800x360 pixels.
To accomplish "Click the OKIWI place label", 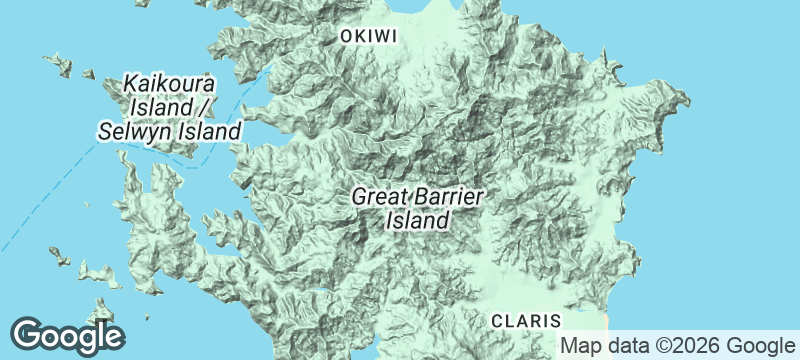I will [x=370, y=37].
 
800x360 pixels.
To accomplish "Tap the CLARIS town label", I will [x=526, y=320].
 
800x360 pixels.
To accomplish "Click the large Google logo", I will [x=67, y=336].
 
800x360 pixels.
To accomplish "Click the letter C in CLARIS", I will [x=497, y=320].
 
